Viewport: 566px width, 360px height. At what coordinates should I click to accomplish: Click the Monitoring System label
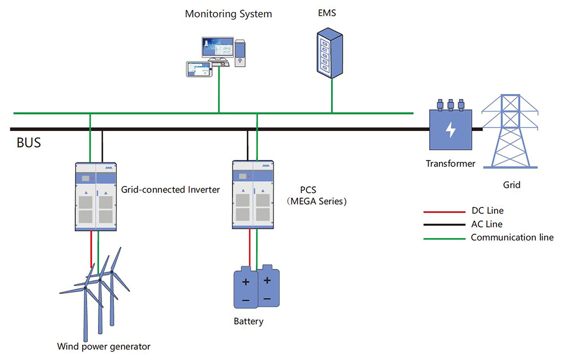point(228,14)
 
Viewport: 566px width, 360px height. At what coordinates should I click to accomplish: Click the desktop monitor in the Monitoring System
point(218,48)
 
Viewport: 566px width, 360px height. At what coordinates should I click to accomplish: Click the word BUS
point(28,142)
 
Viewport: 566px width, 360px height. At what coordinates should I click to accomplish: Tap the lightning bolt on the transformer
point(450,130)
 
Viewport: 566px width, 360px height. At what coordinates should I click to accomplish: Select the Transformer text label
point(450,164)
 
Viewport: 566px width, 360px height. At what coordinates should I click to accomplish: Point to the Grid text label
point(511,185)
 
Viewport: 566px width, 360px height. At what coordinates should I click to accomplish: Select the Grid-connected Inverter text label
point(170,190)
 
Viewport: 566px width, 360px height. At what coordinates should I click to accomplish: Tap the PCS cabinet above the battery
point(254,194)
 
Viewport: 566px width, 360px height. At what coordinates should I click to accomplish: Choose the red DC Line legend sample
point(443,211)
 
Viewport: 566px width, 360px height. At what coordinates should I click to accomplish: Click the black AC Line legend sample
point(443,224)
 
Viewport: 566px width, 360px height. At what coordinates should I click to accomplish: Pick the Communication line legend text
point(512,238)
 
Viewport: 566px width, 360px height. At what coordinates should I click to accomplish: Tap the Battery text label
point(249,321)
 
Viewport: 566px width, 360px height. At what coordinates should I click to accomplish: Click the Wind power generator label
point(104,346)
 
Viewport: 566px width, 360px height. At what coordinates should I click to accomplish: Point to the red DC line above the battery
point(249,248)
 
